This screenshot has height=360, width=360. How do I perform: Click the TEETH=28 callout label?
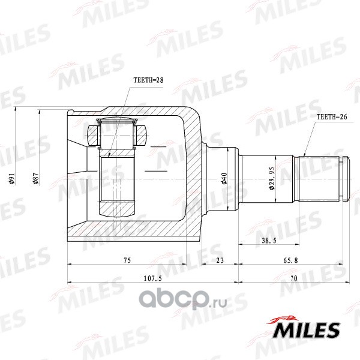click(148, 80)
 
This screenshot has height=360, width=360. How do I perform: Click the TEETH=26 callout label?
click(332, 116)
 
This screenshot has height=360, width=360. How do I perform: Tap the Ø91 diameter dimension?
click(12, 179)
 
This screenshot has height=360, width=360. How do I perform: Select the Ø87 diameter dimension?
click(36, 179)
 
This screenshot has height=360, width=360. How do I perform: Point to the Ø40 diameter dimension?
click(224, 179)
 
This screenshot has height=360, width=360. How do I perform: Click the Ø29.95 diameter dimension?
click(272, 178)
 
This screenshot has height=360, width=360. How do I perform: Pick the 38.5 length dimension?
click(269, 241)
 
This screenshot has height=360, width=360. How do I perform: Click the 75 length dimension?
click(127, 260)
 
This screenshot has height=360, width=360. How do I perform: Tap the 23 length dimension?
click(220, 260)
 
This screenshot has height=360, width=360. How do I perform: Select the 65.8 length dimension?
click(290, 260)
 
